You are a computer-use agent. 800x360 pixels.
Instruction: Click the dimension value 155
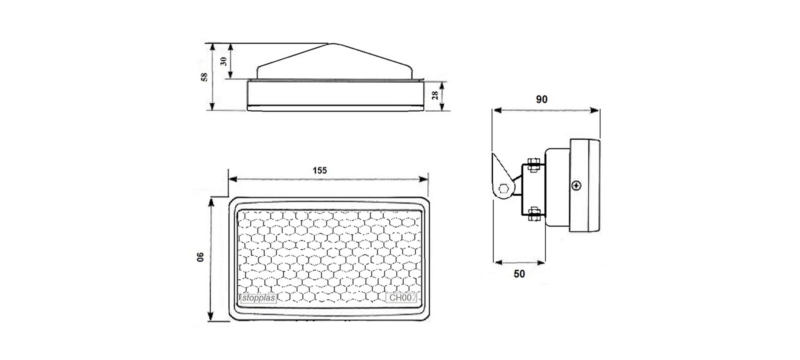[320, 170]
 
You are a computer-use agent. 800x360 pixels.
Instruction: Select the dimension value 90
[542, 99]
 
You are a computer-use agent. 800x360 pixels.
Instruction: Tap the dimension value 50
[519, 274]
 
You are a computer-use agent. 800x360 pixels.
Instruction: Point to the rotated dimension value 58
[204, 77]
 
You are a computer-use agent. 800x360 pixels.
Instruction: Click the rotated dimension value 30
[224, 61]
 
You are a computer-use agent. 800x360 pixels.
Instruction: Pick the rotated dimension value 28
[435, 95]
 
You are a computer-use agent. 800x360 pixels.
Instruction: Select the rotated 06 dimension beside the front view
[200, 257]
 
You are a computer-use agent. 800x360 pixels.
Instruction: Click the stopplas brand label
[258, 298]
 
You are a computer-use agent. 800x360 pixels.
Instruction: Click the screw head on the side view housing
[576, 185]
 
